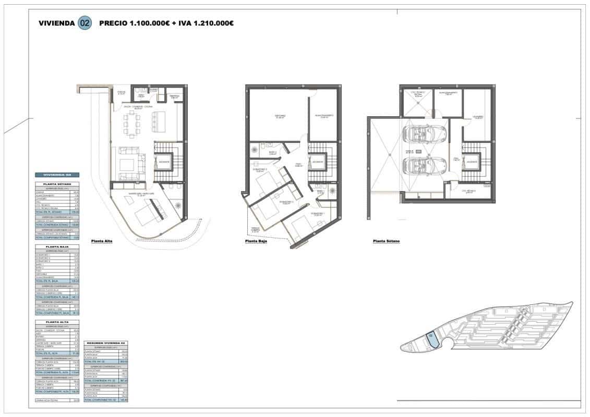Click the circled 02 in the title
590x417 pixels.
84,23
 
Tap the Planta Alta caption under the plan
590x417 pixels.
102,241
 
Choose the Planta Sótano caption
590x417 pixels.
386,241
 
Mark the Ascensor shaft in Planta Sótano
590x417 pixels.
472,161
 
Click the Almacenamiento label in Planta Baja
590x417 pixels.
323,116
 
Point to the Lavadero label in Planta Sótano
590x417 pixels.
478,117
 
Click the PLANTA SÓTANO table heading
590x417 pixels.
57,184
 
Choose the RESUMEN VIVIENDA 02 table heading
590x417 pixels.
106,342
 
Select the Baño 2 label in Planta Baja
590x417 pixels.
272,153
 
